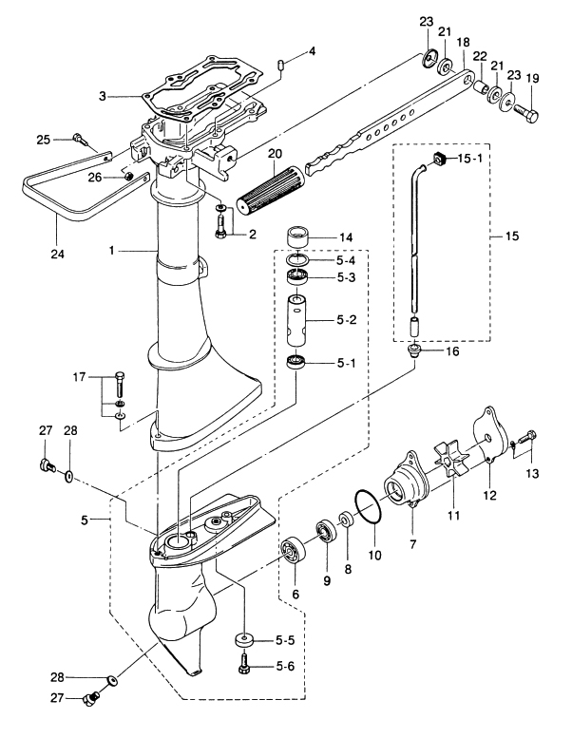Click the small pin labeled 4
[x=283, y=64]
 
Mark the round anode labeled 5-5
[x=245, y=638]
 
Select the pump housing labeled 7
[x=405, y=481]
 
